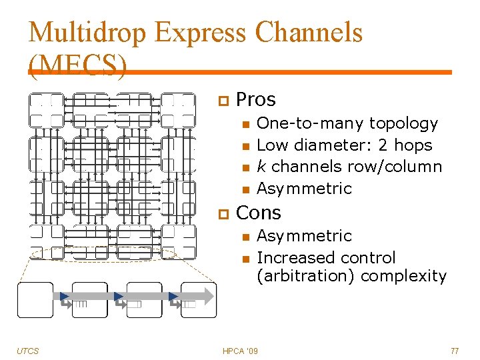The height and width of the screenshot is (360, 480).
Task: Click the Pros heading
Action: [x=256, y=100]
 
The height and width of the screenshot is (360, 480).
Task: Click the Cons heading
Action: [x=259, y=213]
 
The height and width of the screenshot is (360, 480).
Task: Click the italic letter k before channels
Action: [x=261, y=167]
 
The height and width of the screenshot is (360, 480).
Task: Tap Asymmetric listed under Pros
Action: [x=304, y=189]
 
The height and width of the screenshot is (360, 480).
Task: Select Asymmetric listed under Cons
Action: [x=304, y=236]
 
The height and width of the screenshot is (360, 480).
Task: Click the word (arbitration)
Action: [x=304, y=276]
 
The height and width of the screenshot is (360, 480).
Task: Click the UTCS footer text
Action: [x=28, y=351]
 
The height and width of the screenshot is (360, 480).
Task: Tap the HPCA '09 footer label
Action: [x=241, y=351]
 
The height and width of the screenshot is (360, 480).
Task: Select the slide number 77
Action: [x=455, y=351]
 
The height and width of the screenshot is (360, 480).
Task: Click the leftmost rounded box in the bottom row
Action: [x=35, y=299]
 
